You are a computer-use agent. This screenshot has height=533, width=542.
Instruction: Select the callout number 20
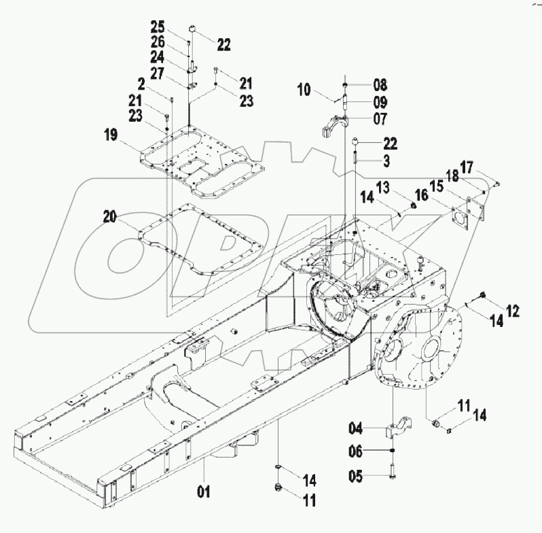111,217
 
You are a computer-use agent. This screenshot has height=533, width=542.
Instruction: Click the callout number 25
158,28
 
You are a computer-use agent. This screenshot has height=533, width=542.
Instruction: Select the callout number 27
158,73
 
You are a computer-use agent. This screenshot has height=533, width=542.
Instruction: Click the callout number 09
379,103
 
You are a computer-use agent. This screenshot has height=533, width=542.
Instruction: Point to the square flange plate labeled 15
464,219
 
